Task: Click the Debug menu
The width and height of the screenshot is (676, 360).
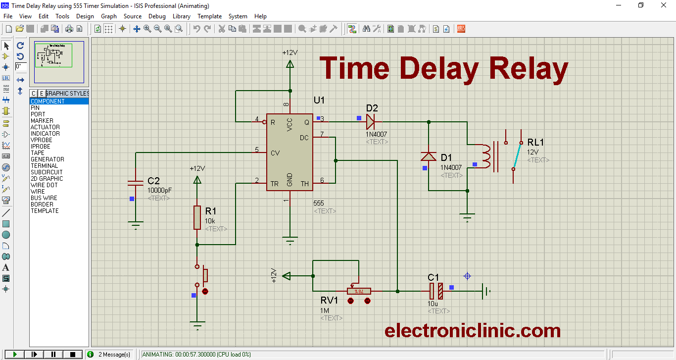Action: (157, 16)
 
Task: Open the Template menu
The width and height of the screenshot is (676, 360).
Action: (209, 16)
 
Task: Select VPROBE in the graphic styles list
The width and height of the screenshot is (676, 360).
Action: (41, 140)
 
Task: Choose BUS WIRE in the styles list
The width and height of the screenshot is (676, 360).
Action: (44, 198)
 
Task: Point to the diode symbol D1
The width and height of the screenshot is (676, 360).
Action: (429, 156)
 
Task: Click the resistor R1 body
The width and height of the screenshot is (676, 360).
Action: (197, 217)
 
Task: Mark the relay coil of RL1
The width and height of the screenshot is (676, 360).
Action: (487, 156)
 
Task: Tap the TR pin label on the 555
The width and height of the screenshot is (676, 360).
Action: (274, 184)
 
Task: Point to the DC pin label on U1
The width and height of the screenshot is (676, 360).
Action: (304, 138)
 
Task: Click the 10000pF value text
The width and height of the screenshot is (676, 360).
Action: (160, 190)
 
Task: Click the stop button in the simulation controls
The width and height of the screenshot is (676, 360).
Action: (73, 354)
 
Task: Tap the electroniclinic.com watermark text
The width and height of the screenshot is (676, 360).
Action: (473, 330)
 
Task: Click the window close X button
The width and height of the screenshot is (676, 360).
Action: (664, 5)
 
